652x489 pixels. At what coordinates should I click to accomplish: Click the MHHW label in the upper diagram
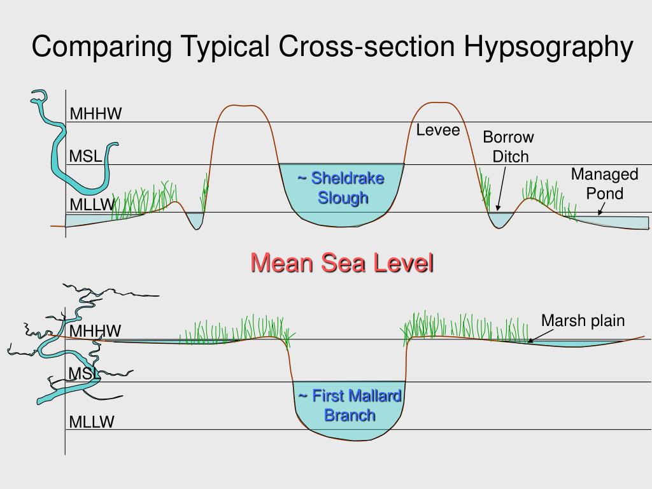96,114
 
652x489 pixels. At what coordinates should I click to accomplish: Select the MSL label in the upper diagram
85,156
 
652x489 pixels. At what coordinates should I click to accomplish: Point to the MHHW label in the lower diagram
96,331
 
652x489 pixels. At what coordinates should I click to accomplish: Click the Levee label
438,131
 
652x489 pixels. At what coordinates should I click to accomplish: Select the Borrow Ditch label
509,146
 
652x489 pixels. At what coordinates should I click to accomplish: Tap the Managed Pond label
604,183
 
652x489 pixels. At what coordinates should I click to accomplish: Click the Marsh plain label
583,320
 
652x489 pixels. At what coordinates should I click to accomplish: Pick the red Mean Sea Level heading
342,262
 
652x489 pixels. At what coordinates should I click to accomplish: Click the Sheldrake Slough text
342,187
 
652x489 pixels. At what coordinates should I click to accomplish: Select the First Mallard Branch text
350,406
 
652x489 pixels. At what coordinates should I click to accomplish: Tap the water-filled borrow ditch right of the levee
500,220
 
